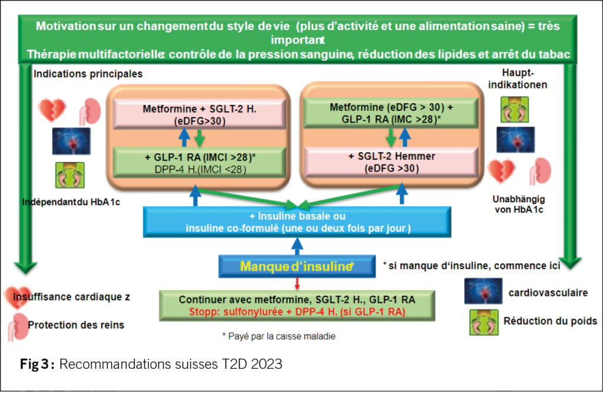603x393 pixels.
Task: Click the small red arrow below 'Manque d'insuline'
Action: (297, 284)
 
